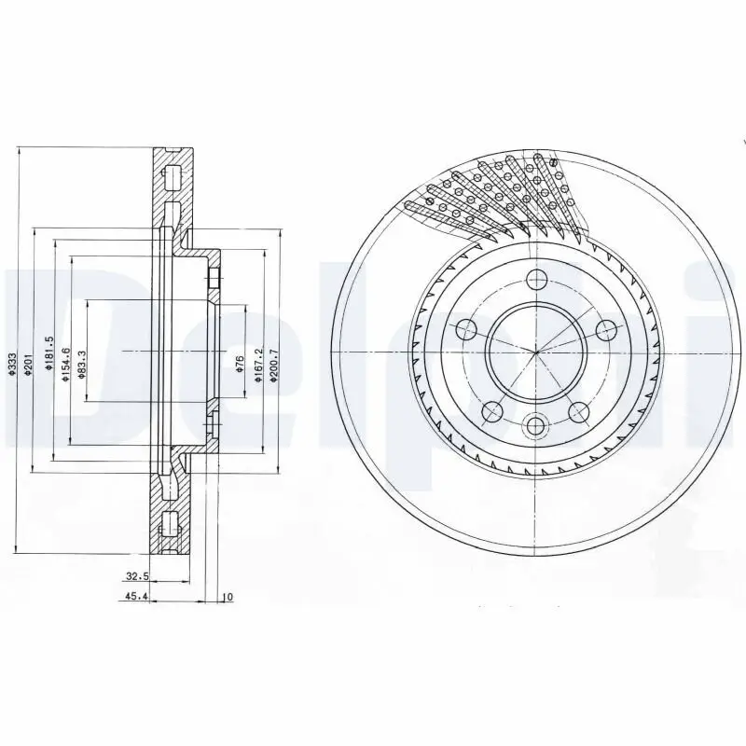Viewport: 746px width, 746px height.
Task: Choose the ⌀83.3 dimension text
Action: coord(82,359)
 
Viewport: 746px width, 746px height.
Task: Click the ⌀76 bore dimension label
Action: coord(240,364)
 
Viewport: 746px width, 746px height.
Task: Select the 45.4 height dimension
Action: coord(136,598)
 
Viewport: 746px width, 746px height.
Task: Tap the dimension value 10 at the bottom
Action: coord(227,598)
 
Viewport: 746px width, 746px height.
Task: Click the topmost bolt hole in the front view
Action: coord(535,279)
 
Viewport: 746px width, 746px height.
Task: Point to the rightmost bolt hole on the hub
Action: coord(605,329)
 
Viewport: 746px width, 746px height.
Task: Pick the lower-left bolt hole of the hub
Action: coord(491,411)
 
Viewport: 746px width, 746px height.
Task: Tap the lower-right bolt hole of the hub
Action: coord(579,411)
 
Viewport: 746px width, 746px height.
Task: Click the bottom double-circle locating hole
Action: coord(535,426)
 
